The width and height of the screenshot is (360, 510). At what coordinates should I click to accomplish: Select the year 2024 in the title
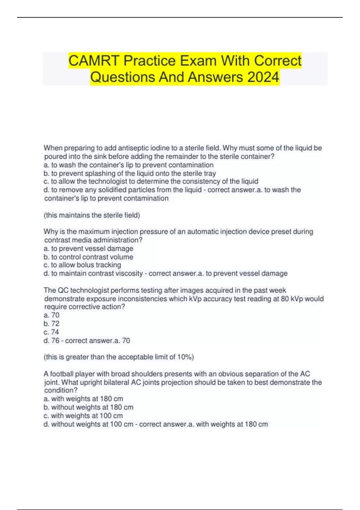pos(263,77)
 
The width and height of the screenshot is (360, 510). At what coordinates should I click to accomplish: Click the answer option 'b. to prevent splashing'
pos(130,173)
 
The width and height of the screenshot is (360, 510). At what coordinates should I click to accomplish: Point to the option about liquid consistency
pos(151,181)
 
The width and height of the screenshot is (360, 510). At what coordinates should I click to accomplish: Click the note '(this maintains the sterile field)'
pos(92,215)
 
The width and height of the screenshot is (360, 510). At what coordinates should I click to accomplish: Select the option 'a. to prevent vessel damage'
pos(88,249)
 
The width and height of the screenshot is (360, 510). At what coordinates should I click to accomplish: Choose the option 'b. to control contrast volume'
pos(88,257)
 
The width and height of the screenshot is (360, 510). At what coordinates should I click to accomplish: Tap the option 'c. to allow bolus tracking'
pos(82,265)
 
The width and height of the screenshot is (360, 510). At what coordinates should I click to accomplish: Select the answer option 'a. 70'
pos(52,315)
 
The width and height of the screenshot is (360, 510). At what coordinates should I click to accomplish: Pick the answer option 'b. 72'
pos(52,324)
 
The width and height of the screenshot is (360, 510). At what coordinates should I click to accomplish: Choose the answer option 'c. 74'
pos(51,332)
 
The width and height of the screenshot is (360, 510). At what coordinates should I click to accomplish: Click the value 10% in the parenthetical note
pos(184,357)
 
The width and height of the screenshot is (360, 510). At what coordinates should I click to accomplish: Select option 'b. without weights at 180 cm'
pos(88,407)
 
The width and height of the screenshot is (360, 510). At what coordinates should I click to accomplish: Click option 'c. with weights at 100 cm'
pos(83,416)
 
